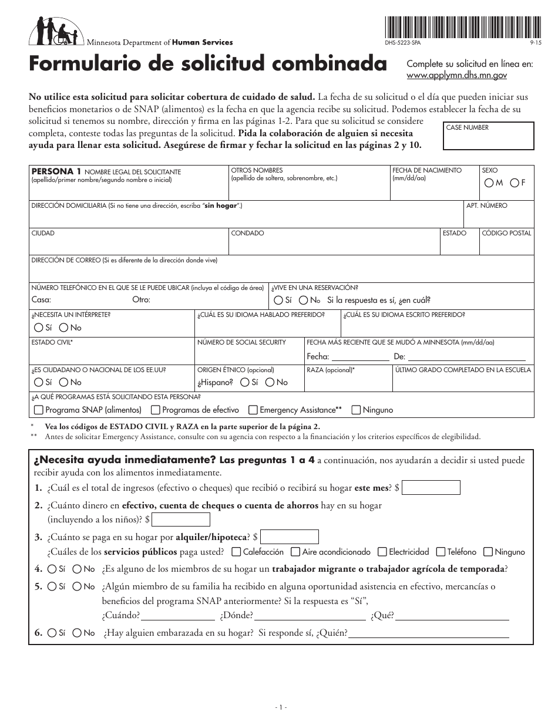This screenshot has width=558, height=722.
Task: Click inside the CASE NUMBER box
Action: [489, 140]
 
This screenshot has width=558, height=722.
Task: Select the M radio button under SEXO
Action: [489, 183]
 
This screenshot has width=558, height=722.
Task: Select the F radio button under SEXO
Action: [515, 183]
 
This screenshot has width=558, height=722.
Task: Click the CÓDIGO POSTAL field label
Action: [506, 233]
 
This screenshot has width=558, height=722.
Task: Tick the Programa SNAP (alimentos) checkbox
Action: [39, 410]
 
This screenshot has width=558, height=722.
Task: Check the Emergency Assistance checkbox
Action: [253, 410]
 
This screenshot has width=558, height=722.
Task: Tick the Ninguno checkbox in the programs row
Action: [356, 410]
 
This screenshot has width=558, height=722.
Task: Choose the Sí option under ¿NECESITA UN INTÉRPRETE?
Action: [39, 328]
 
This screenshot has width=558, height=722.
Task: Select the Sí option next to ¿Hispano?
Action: [244, 382]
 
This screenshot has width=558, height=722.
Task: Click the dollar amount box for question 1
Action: [431, 488]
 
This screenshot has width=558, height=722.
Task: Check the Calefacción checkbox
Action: [236, 552]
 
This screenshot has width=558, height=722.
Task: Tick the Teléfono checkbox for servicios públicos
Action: [440, 552]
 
